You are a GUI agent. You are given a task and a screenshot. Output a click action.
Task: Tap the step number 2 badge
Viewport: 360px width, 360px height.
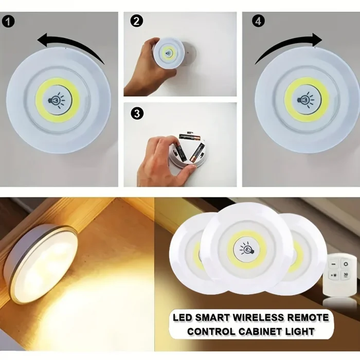[x=136, y=21]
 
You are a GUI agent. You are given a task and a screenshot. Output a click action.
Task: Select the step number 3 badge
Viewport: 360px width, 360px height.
[x=136, y=113]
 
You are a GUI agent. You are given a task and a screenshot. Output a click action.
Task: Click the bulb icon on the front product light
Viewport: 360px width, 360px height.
[x=247, y=248]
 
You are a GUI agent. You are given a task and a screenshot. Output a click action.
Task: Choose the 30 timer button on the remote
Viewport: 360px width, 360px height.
[x=346, y=275]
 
